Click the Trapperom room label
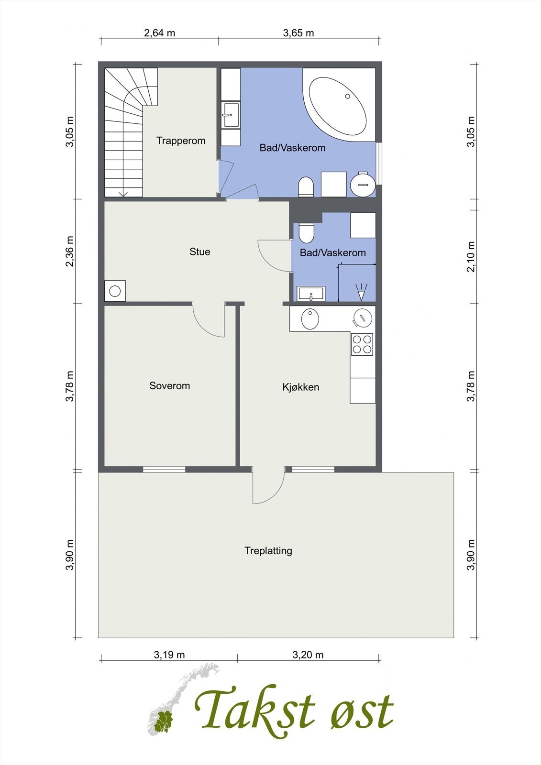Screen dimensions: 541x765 tap(181, 141)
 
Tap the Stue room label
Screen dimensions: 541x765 tap(200, 252)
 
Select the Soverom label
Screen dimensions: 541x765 tap(169, 386)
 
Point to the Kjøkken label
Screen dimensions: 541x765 tap(301, 387)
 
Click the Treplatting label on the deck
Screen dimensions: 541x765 tap(268, 551)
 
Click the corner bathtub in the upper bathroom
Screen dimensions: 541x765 tap(338, 105)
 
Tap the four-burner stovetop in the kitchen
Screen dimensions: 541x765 tap(362, 344)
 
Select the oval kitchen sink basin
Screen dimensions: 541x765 tap(310, 319)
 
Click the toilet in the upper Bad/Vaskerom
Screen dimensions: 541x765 tap(306, 187)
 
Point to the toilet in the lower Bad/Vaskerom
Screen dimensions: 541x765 tap(306, 232)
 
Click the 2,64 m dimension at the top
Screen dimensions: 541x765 tap(159, 33)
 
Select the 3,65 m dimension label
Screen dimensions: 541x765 tap(298, 33)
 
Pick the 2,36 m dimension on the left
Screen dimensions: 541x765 tap(70, 251)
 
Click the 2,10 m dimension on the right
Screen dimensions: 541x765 tap(471, 256)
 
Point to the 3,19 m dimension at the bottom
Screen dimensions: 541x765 tap(169, 655)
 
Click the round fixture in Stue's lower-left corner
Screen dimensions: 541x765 tap(115, 291)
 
